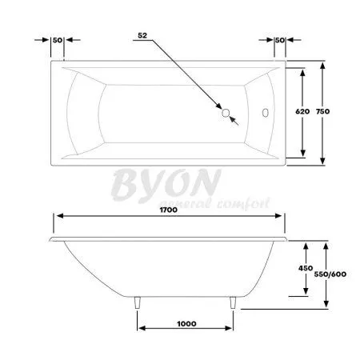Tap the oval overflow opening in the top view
pyautogui.click(x=266, y=112)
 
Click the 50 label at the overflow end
pyautogui.click(x=279, y=40)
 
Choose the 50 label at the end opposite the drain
pyautogui.click(x=57, y=40)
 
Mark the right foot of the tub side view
pyautogui.click(x=234, y=302)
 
